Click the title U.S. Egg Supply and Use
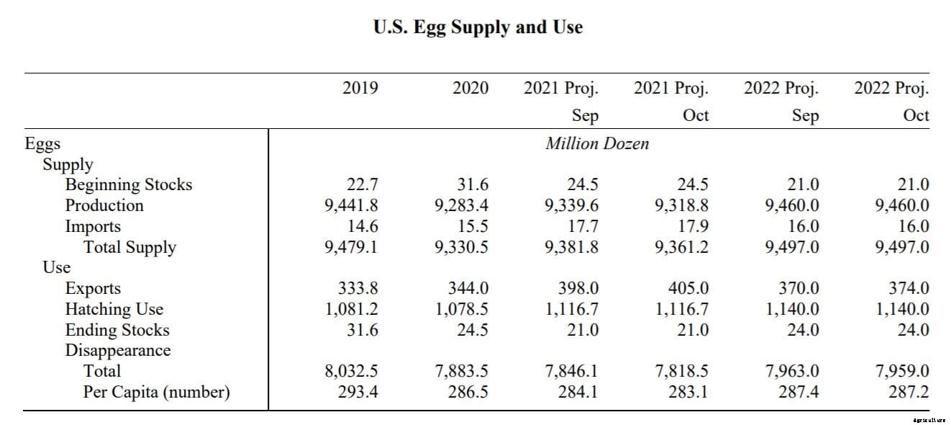click(x=478, y=27)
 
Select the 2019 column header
click(x=360, y=88)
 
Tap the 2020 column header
click(x=470, y=88)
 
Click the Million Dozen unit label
click(x=597, y=143)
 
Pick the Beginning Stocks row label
click(x=129, y=184)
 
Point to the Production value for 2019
click(x=351, y=205)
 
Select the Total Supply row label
click(x=129, y=247)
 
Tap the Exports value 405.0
click(x=688, y=288)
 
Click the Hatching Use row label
click(x=114, y=309)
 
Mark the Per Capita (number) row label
click(x=156, y=393)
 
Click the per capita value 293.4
click(x=358, y=393)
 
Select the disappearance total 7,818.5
click(x=681, y=372)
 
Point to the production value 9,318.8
click(x=681, y=205)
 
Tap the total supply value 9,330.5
click(x=461, y=247)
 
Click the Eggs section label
click(x=42, y=143)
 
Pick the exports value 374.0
click(x=909, y=288)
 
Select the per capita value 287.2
click(x=909, y=393)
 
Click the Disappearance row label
click(x=118, y=351)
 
